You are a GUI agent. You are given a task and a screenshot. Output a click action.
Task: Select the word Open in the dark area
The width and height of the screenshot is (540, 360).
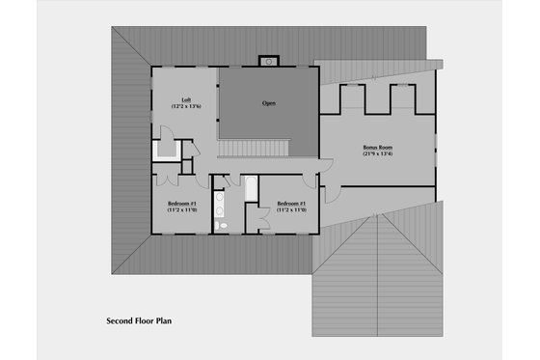270,102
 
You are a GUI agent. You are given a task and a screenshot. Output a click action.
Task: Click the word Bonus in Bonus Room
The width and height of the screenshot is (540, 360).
369,148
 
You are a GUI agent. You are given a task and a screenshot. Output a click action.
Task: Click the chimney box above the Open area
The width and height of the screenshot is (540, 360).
268,62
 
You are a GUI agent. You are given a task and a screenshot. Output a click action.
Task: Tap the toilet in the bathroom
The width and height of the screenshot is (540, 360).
221,225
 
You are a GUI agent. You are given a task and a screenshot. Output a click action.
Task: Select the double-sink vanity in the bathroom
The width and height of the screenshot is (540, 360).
219,204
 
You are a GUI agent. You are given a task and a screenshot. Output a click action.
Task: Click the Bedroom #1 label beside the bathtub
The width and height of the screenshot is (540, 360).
291,204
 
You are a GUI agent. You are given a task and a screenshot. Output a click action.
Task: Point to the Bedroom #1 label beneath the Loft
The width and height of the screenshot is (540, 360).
182,204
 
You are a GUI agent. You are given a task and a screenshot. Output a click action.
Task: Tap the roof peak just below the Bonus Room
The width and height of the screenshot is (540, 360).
386,216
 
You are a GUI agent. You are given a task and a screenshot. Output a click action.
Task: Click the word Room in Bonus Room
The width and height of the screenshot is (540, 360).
385,148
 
